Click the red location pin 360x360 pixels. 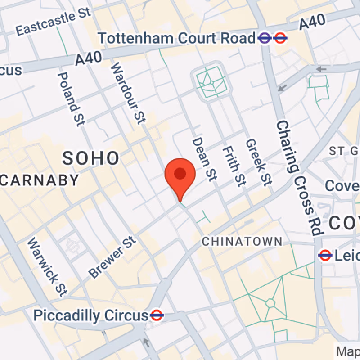tap(180, 175)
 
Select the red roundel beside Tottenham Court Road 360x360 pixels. tap(281, 38)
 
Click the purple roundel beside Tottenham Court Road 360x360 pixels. tap(265, 38)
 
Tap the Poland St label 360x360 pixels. tap(69, 99)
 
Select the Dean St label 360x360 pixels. tap(204, 159)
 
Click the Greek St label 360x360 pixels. tap(258, 162)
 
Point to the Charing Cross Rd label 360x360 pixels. tap(299, 177)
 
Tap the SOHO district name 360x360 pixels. tap(91, 158)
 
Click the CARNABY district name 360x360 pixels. tap(40, 180)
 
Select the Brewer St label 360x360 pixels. tap(112, 257)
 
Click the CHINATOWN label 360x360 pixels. tap(242, 242)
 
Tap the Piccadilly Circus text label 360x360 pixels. tap(91, 315)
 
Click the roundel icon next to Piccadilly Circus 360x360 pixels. tap(157, 315)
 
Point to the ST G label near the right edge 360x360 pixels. tap(343, 150)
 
